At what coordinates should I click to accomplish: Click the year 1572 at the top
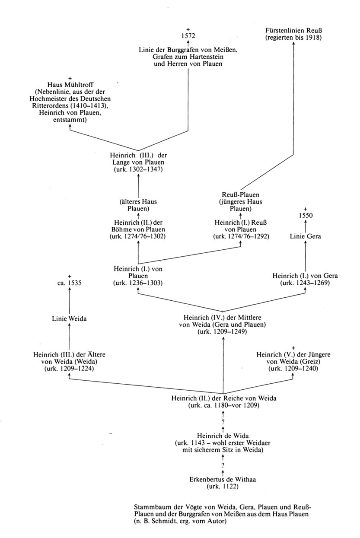188,36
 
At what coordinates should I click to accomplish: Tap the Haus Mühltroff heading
69,84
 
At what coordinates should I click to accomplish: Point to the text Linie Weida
69,319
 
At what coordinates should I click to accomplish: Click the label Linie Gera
306,236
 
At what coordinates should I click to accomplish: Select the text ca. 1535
69,283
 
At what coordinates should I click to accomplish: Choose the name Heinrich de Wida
223,436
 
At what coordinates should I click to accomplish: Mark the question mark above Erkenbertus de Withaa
223,465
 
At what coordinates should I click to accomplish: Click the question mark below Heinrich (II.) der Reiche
223,422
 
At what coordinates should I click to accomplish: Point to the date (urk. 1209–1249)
223,332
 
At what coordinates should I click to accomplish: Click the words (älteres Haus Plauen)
138,204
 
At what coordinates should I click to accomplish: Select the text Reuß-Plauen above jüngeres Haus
240,195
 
